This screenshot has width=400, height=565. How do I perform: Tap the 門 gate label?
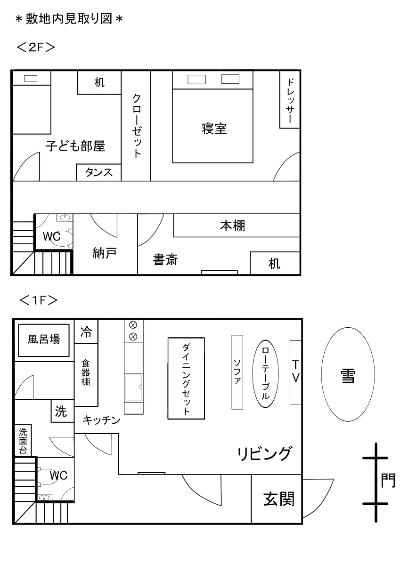(x=388, y=481)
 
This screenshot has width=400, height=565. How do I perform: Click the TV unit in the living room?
(x=295, y=372)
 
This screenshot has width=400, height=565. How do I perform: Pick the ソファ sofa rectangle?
(x=237, y=371)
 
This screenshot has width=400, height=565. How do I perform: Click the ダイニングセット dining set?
(x=186, y=378)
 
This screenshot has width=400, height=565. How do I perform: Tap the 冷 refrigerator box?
(x=86, y=332)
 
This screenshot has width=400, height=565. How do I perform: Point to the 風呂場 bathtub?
(x=44, y=340)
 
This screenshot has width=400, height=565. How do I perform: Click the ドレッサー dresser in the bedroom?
(x=290, y=99)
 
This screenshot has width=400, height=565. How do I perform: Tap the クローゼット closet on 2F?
(x=136, y=126)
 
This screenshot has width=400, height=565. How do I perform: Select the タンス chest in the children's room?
(x=99, y=172)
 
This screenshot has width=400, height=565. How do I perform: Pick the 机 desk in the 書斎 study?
(x=275, y=263)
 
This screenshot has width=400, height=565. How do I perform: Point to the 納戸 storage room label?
(x=105, y=254)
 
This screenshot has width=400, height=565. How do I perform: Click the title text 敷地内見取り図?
(x=69, y=19)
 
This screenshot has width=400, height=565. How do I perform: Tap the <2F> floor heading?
(x=36, y=48)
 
